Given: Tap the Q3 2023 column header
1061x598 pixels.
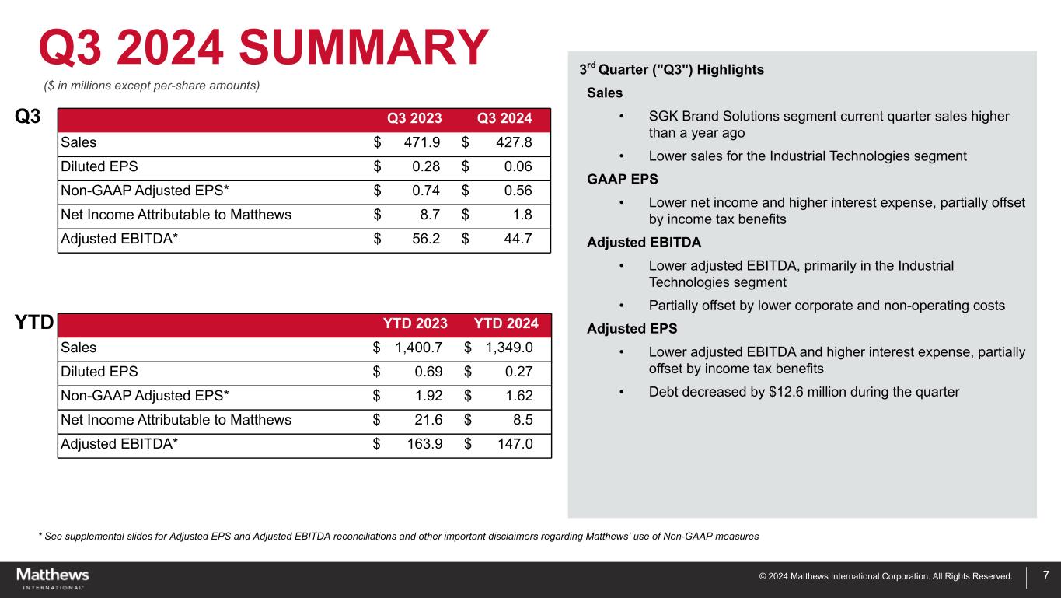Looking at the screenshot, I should click(414, 119).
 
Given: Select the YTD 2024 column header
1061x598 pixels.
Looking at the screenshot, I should click(506, 323).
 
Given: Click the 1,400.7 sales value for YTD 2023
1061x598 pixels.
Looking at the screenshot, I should click(418, 348).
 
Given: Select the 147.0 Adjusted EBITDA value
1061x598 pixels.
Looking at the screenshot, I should click(512, 445).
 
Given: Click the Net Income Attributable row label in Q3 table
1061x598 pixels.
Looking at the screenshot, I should click(176, 215).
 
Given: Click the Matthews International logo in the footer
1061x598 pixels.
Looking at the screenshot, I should click(53, 578).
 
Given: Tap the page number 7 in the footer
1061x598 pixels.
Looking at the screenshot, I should click(1045, 576).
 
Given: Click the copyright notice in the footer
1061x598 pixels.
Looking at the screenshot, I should click(886, 577).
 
